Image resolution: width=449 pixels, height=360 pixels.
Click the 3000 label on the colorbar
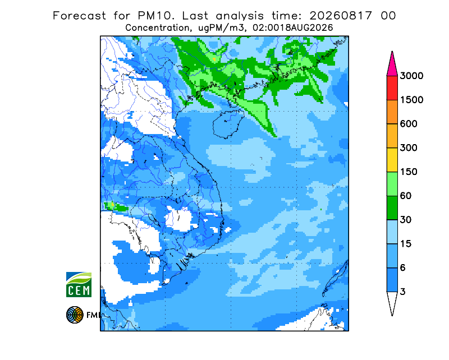coord(411,76)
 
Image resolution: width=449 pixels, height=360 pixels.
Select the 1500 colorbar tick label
coord(411,100)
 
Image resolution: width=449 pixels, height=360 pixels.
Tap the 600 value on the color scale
coord(409,124)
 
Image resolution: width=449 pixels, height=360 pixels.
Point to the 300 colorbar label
coord(409,148)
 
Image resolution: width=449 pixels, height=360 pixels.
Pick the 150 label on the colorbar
coord(409,172)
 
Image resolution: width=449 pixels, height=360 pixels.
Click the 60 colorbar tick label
coord(406,196)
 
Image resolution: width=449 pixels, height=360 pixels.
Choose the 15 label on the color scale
coord(406,244)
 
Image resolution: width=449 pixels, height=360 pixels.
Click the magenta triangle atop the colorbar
coord(392,65)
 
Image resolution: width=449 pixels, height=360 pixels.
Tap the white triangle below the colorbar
coord(392,302)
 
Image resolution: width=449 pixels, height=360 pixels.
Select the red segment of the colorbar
coord(392,88)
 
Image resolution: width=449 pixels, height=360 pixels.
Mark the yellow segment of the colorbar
coord(392,160)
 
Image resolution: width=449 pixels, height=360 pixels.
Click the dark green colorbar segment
coord(392,208)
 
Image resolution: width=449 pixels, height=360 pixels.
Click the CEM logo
coord(79,284)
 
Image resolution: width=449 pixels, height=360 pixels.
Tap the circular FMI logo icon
coord(75,315)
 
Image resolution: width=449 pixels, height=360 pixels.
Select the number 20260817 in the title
coord(341,16)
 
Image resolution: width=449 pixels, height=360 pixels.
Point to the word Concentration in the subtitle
coord(157,28)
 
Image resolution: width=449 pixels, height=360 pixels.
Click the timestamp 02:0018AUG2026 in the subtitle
coord(293,28)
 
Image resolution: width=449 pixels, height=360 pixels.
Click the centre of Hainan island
coord(228,125)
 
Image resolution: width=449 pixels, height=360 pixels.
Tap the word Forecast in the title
coord(79,16)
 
